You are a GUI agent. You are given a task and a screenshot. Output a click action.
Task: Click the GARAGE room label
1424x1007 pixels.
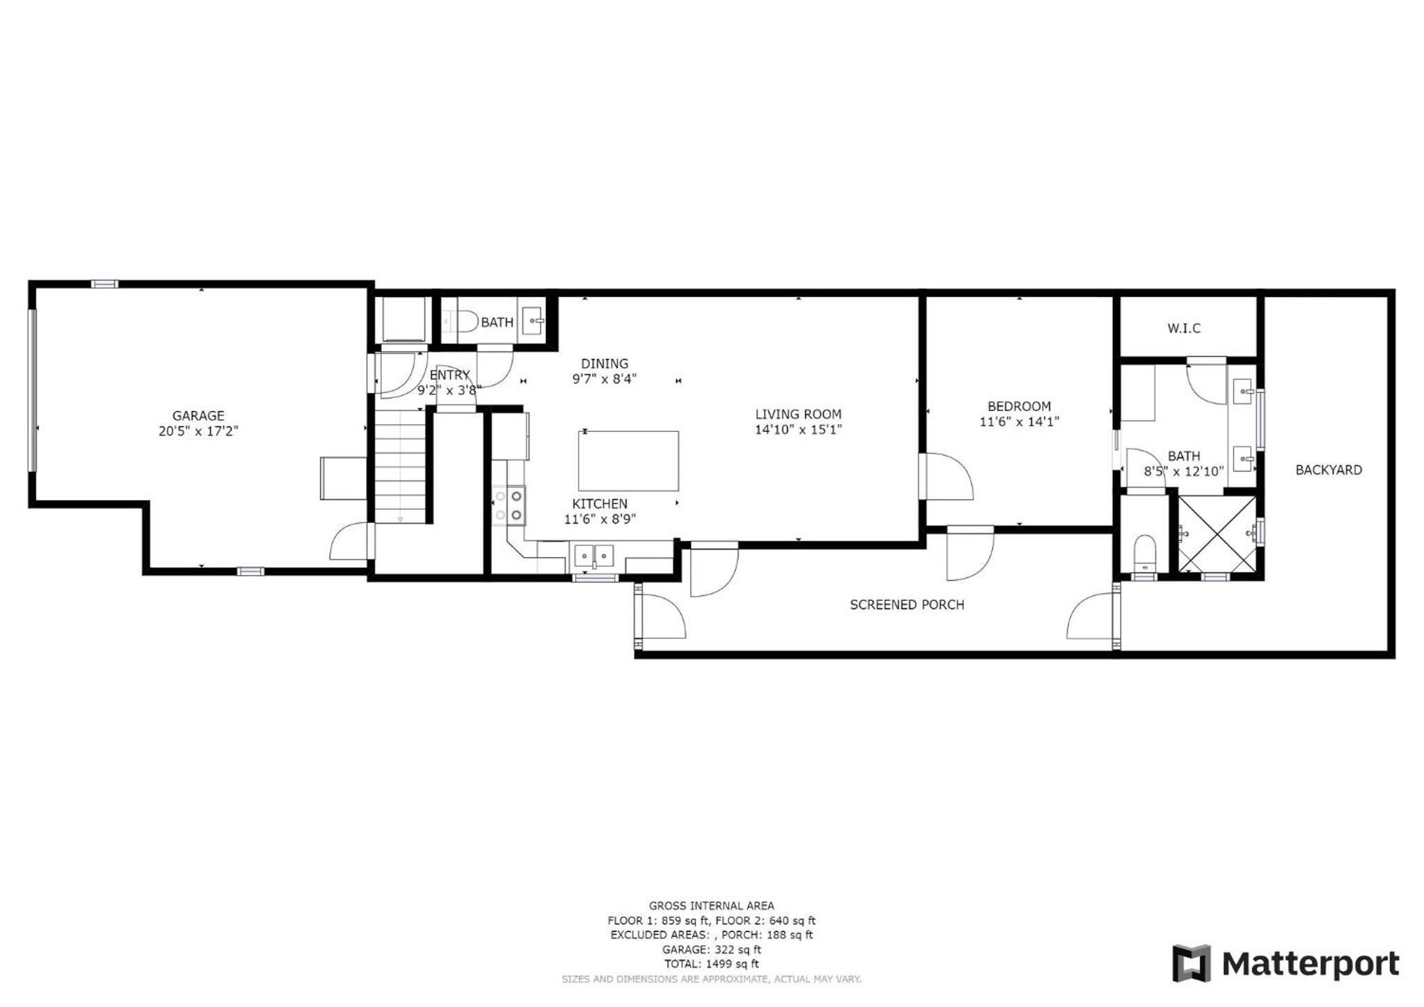point(198,416)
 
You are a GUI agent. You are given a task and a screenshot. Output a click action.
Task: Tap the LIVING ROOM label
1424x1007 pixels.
point(799,414)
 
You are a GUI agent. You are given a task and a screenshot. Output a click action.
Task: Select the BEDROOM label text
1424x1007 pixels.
point(1019,406)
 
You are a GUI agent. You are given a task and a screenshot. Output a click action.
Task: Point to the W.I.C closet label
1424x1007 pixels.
point(1184,328)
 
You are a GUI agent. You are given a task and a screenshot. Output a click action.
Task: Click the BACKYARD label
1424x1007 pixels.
point(1329,470)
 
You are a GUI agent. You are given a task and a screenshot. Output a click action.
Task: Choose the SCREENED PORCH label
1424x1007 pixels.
point(907,605)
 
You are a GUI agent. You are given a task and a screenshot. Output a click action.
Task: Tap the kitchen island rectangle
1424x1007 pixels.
point(628,460)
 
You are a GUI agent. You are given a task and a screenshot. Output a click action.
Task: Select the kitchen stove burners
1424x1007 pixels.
point(509,505)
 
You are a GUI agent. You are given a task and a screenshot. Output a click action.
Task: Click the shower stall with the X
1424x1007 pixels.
point(1217,533)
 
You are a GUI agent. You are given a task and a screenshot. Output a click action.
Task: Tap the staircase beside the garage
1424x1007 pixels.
point(400,465)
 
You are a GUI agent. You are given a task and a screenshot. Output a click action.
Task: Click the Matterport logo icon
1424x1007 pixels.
point(1192,963)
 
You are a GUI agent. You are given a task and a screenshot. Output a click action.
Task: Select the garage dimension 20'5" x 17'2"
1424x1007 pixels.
point(198,431)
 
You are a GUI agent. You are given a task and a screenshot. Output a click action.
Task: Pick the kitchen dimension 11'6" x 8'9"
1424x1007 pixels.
point(600,519)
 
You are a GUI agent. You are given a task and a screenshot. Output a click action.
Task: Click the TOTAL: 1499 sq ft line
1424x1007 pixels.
point(712,964)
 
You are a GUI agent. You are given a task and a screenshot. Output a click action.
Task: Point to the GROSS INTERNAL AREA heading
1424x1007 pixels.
point(712,905)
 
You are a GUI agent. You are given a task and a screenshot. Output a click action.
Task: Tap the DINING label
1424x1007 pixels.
point(605,364)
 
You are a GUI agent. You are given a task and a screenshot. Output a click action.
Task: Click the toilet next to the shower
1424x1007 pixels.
point(1144,552)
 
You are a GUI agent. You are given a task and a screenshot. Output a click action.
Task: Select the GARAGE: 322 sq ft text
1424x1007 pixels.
point(712,949)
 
